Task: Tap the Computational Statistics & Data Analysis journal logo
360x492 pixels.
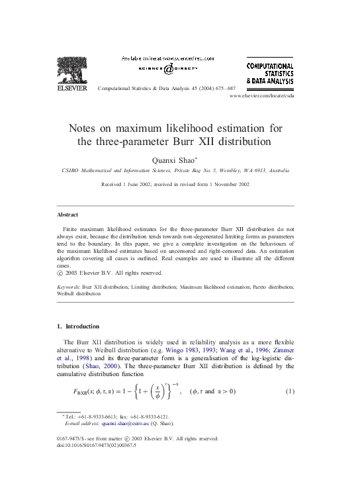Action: (x=270, y=74)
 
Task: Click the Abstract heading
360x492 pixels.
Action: (x=67, y=215)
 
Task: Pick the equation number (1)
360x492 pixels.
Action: (x=289, y=391)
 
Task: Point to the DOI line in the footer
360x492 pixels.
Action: (x=97, y=445)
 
